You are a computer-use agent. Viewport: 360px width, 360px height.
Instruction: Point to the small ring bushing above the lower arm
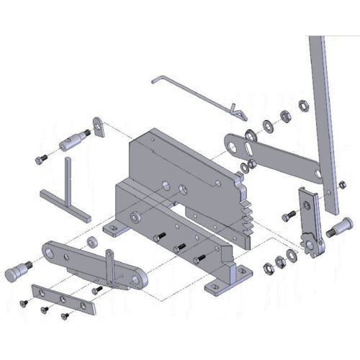click(92, 239)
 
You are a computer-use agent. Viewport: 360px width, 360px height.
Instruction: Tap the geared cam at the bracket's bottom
click(310, 245)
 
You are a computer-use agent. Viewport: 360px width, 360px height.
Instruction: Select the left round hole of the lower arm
click(50, 251)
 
